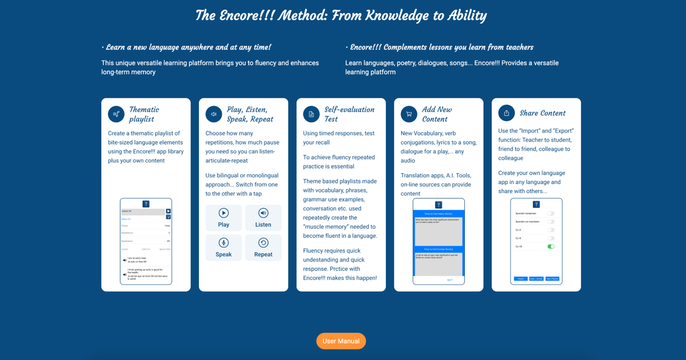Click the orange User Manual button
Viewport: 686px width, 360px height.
pos(341,341)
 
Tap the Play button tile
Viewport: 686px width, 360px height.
pos(224,218)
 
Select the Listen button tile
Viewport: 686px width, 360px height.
pos(263,218)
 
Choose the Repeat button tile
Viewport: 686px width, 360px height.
pos(263,247)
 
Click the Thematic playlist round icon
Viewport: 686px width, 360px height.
pos(116,114)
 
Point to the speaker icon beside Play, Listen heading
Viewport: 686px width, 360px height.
pos(214,114)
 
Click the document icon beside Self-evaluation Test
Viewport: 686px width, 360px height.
pos(311,114)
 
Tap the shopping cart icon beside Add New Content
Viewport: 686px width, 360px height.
pos(409,114)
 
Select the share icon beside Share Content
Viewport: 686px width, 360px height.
pos(506,113)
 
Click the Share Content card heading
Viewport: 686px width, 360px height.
pos(542,113)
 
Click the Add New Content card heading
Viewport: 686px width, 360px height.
pos(436,114)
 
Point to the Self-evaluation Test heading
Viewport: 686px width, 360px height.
pos(349,114)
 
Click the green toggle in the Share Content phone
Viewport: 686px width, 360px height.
pos(551,247)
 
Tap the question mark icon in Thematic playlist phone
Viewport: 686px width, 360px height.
pos(146,204)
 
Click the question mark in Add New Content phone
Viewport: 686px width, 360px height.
pos(438,205)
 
